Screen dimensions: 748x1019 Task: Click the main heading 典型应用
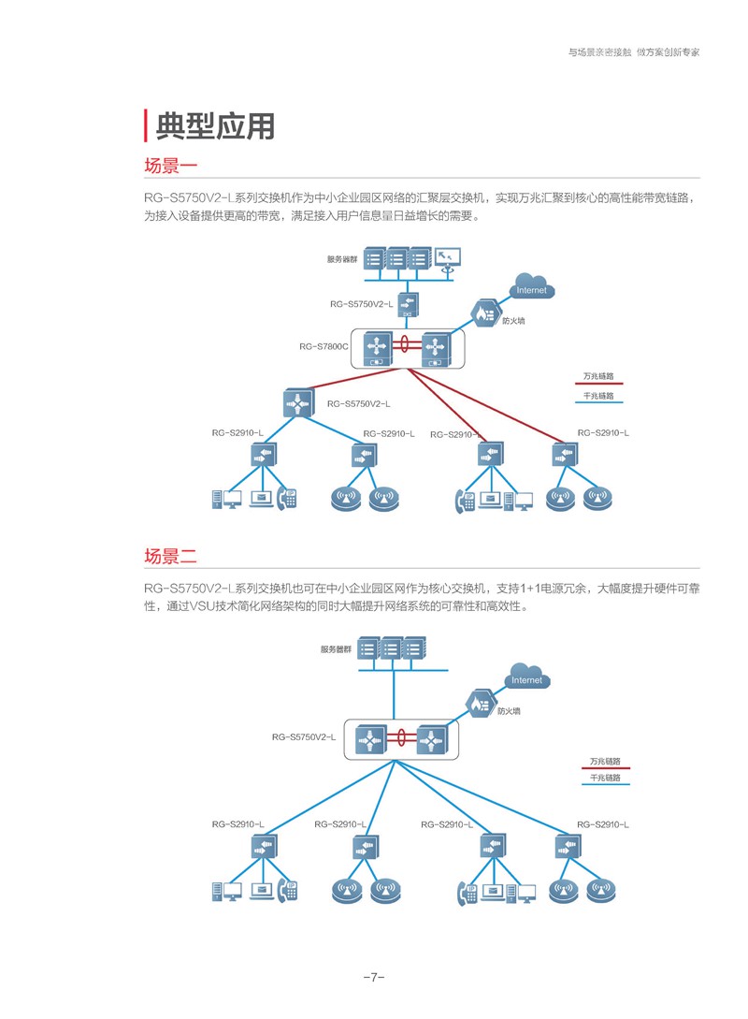point(215,125)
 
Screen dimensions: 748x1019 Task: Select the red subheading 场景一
point(170,166)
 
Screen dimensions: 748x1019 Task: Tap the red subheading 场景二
point(170,557)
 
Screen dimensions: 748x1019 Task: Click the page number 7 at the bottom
point(374,977)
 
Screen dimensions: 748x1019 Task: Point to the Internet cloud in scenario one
point(532,285)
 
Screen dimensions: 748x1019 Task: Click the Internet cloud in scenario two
point(527,676)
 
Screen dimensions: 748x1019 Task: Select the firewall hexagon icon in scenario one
point(485,313)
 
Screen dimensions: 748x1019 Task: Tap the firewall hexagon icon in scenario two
point(481,703)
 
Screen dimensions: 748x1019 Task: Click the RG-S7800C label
point(324,346)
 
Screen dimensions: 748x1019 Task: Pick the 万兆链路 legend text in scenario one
point(598,376)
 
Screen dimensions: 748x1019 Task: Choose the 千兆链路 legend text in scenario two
point(605,778)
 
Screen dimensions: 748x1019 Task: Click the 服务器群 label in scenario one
point(342,259)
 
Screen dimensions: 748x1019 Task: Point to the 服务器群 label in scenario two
point(336,649)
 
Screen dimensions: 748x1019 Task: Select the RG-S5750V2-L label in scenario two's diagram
point(304,737)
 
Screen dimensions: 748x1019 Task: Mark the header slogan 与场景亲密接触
point(600,52)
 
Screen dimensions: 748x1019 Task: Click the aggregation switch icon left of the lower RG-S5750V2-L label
point(298,403)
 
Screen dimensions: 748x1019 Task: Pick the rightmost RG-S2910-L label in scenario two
point(602,824)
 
